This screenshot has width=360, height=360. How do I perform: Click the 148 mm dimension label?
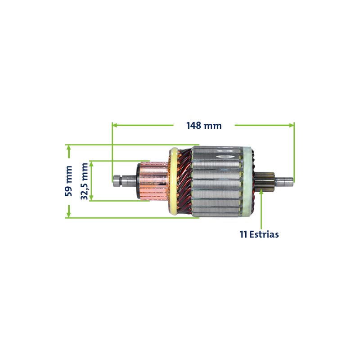point(204,126)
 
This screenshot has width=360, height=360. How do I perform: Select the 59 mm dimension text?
point(68,181)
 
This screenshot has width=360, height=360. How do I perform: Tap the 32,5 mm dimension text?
point(84,181)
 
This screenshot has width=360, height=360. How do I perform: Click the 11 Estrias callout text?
point(259,234)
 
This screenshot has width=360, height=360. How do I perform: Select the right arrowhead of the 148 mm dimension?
point(291,126)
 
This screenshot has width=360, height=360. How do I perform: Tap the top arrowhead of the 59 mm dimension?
point(68,148)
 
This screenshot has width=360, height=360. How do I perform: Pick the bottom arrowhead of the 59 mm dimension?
point(68,214)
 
